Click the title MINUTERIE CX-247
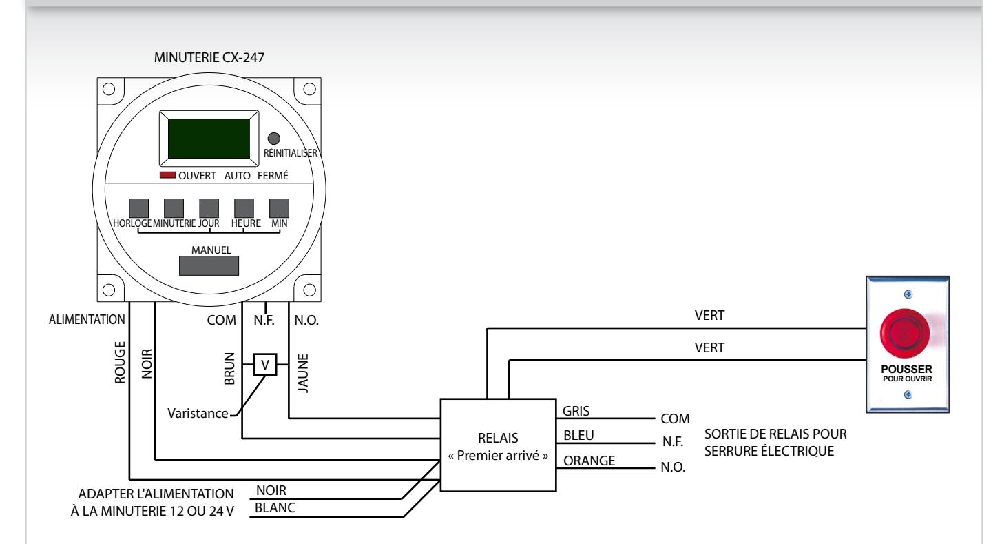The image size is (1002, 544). click(209, 57)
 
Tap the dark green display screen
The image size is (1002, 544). click(209, 139)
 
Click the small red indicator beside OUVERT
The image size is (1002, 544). click(168, 175)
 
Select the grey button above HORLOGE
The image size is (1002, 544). click(138, 208)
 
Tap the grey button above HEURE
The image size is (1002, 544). click(244, 208)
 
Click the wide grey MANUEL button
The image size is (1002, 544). click(209, 265)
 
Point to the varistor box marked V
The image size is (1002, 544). click(265, 365)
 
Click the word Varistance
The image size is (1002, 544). click(198, 413)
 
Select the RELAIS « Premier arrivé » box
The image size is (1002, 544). click(499, 445)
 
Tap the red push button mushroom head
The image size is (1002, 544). click(904, 333)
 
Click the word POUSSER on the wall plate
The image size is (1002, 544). click(907, 370)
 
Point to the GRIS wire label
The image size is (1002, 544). click(576, 411)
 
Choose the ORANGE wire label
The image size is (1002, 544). click(589, 461)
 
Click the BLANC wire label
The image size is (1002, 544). click(275, 507)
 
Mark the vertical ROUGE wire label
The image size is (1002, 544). click(120, 363)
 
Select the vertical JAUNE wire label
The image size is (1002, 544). click(303, 374)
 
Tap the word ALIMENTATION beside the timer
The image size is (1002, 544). click(87, 320)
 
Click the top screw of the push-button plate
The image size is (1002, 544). click(908, 294)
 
